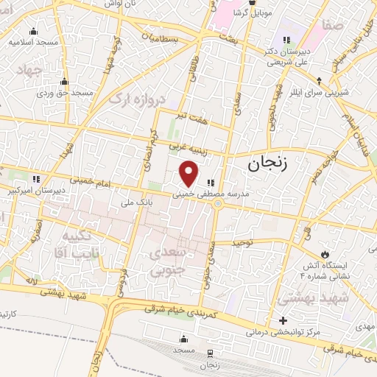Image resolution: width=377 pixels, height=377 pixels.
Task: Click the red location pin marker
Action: (x=189, y=174)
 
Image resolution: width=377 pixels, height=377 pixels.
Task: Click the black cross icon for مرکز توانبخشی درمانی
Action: (x=283, y=320)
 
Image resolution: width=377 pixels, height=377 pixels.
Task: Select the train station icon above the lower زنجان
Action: (x=209, y=354)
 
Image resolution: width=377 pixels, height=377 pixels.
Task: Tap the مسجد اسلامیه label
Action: (x=34, y=42)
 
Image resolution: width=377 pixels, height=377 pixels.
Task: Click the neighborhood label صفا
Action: (x=333, y=26)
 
